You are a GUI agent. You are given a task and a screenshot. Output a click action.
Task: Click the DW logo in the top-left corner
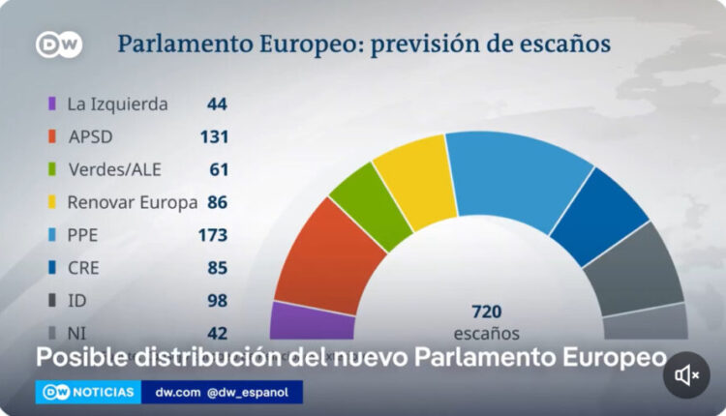click(58, 45)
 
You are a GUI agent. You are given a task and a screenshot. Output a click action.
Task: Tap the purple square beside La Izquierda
click(50, 104)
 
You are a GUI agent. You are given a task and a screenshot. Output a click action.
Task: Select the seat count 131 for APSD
click(213, 136)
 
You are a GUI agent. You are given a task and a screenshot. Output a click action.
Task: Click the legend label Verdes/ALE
click(114, 169)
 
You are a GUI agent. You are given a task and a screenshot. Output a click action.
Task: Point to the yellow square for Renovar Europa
click(50, 202)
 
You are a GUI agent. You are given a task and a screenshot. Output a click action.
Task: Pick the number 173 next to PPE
click(212, 235)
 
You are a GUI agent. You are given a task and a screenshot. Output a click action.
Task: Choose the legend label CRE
click(82, 268)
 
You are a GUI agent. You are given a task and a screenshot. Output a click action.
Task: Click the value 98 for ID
click(217, 301)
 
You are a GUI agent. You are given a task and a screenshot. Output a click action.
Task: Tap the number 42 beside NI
click(217, 333)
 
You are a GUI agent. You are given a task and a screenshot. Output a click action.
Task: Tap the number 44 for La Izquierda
click(217, 104)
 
